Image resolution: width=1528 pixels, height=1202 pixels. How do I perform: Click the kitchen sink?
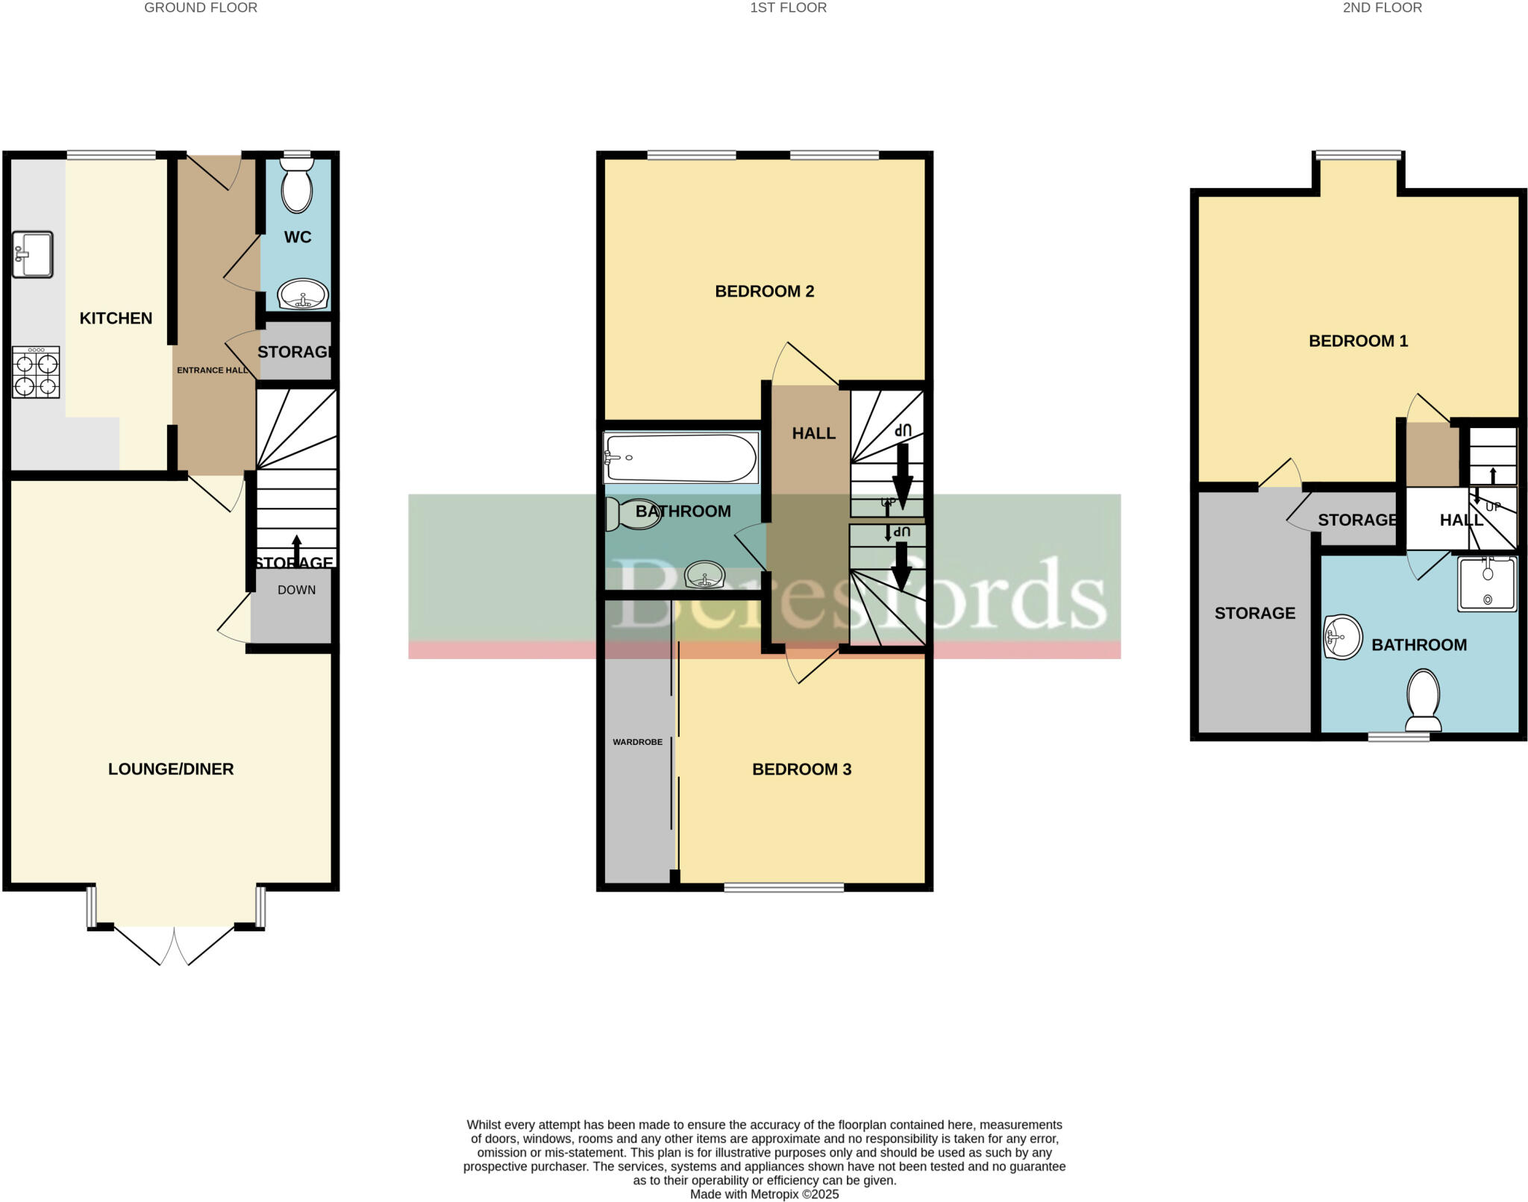tap(33, 254)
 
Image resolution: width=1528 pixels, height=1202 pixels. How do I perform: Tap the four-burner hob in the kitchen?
tap(36, 373)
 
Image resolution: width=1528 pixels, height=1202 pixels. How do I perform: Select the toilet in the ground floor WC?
tap(297, 186)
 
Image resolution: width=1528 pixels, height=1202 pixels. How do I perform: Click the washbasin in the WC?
tap(302, 295)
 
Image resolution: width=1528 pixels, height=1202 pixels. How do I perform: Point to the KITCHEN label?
tap(116, 318)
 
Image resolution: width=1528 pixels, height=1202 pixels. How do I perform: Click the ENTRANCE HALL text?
tap(213, 370)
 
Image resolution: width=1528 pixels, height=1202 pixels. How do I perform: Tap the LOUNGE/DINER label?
tap(171, 769)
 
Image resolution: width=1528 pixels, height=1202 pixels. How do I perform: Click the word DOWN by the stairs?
tap(296, 590)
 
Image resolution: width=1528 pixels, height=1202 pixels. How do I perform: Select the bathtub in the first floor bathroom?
tap(681, 458)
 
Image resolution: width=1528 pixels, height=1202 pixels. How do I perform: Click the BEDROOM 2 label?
tap(764, 292)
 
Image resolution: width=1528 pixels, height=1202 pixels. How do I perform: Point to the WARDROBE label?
tap(637, 742)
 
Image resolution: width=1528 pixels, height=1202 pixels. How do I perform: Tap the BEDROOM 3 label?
tap(801, 770)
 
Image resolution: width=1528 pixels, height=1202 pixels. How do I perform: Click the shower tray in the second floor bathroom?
tap(1487, 584)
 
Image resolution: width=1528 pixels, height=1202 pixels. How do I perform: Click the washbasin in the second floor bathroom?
tap(1342, 638)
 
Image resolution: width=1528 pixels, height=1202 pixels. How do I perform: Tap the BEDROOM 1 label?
tap(1358, 342)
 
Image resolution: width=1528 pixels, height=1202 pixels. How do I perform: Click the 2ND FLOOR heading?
tap(1382, 8)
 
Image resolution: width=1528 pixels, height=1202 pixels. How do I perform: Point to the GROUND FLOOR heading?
tap(201, 8)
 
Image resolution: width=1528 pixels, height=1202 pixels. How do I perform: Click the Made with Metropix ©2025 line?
tap(764, 1195)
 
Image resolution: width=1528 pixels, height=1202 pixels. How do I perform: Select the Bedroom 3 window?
tap(783, 887)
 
